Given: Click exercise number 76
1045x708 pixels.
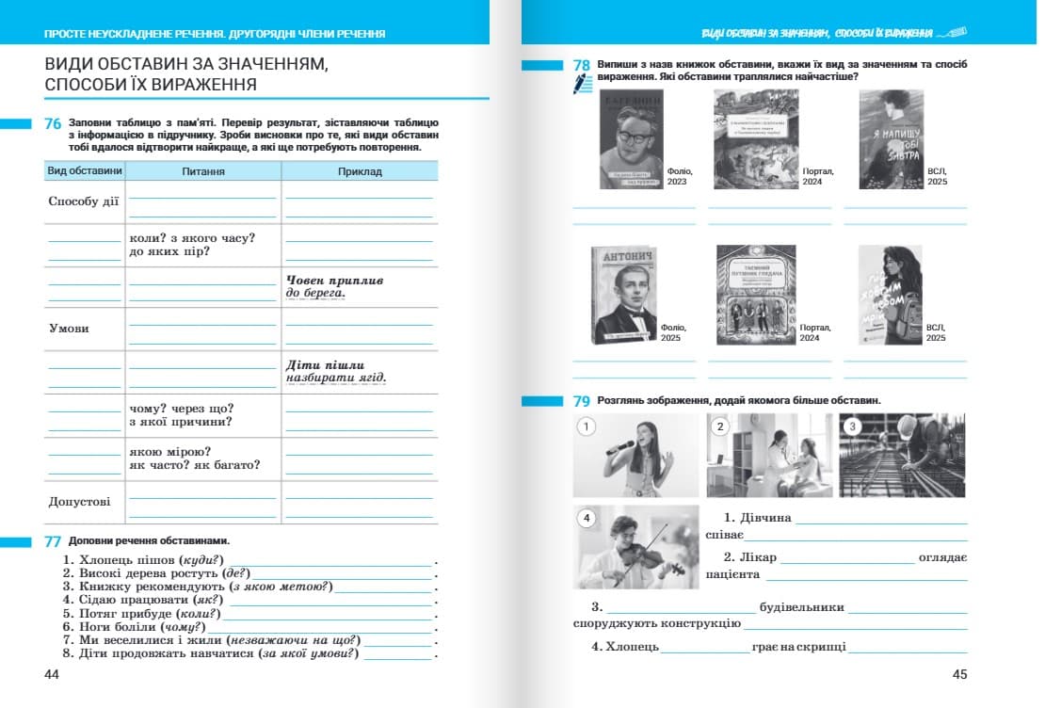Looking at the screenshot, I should coord(53,123).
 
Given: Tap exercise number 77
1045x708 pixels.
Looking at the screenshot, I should coord(53,541).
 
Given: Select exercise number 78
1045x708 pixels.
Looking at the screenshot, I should coord(582,65).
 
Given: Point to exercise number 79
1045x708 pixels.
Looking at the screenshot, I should coord(582,401).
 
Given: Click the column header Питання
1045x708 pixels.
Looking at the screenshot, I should coord(203,171).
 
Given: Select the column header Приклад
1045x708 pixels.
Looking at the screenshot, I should coord(360,171).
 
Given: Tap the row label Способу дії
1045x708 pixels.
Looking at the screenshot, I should coord(85,201).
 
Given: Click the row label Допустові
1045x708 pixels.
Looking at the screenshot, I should coord(80,502).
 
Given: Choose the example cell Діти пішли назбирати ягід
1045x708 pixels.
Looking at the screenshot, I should coord(336,372).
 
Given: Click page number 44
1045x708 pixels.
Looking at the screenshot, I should coord(52,674).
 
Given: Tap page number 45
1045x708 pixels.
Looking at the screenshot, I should coord(959,674).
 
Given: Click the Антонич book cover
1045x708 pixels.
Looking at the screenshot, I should coord(623,295).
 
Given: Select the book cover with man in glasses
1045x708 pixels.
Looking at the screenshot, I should coord(631,138).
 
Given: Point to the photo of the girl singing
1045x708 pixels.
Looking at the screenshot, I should coord(635,456).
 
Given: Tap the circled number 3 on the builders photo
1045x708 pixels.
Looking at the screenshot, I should coord(853,426).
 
